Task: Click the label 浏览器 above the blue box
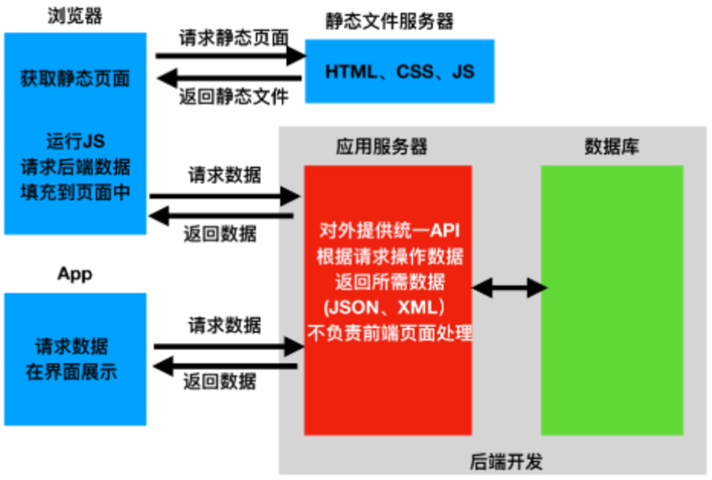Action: pos(75,16)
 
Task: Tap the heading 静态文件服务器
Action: pos(389,22)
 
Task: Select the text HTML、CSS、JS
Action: pos(400,71)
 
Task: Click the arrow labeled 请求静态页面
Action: pos(231,56)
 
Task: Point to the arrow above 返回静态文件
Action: pos(229,78)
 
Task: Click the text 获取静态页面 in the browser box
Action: pos(75,79)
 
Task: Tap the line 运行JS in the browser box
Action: pos(75,141)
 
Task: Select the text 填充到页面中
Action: pos(75,192)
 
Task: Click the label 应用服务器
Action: pos(382,147)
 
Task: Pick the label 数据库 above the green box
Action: pos(612,147)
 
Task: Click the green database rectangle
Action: pos(612,300)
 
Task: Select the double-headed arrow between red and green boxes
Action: pos(509,288)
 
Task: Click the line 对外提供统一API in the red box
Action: pos(389,231)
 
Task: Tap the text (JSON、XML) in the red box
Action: pos(384,307)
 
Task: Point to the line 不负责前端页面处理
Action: pos(389,333)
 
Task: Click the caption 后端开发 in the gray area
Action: pos(506,462)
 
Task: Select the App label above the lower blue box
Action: pos(75,274)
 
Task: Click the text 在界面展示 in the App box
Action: pos(71,372)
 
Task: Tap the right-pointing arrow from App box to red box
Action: pos(229,347)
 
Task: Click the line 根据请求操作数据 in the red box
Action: pos(389,256)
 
